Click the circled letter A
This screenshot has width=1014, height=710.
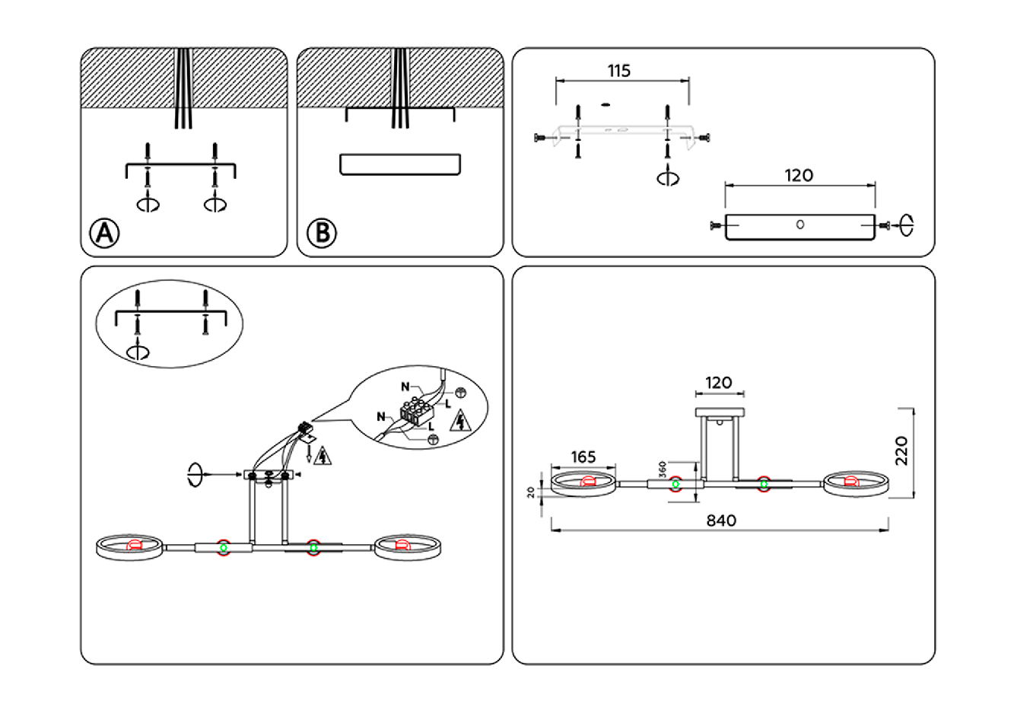(x=105, y=233)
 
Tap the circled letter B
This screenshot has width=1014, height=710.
(x=322, y=232)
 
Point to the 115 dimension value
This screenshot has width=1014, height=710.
(x=619, y=71)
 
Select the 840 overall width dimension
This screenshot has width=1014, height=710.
(x=721, y=521)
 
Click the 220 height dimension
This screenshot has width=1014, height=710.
(x=901, y=451)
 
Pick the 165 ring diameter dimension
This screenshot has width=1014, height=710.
(x=583, y=457)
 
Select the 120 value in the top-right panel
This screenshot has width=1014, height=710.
(x=799, y=176)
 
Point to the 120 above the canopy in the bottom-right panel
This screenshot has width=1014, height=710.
(x=719, y=383)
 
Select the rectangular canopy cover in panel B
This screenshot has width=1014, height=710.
(x=400, y=164)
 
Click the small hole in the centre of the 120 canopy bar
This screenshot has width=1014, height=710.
(x=799, y=224)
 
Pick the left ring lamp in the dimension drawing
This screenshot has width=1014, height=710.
(x=583, y=484)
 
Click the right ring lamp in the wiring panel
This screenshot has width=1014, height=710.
(x=406, y=548)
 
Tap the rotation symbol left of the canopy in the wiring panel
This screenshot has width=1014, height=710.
(x=195, y=475)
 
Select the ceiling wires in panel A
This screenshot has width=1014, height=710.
(x=183, y=88)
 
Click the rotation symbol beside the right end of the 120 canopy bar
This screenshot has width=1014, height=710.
(x=906, y=224)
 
